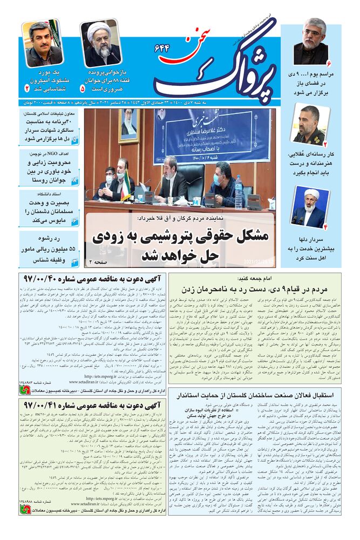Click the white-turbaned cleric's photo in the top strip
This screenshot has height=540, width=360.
coord(100,43)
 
